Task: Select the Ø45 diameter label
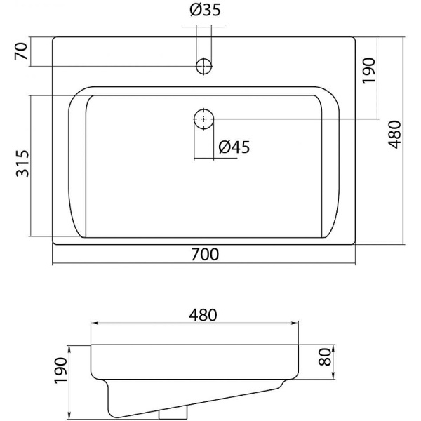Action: click(x=234, y=147)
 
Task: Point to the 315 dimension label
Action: click(x=22, y=163)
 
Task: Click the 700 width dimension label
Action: click(x=205, y=254)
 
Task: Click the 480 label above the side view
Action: click(x=194, y=314)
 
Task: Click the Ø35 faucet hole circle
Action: click(x=203, y=67)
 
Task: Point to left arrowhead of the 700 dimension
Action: click(x=55, y=265)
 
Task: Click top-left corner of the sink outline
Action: click(x=53, y=37)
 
